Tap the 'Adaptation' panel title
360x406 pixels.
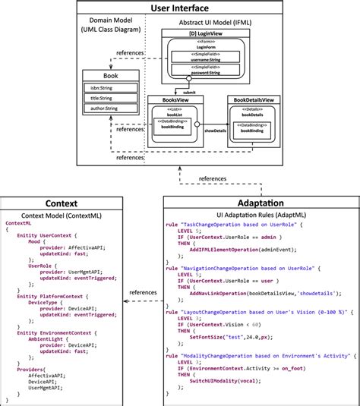pos(261,203)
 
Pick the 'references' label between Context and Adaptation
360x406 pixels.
pos(142,291)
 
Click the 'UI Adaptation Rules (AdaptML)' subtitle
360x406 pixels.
pos(261,216)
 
